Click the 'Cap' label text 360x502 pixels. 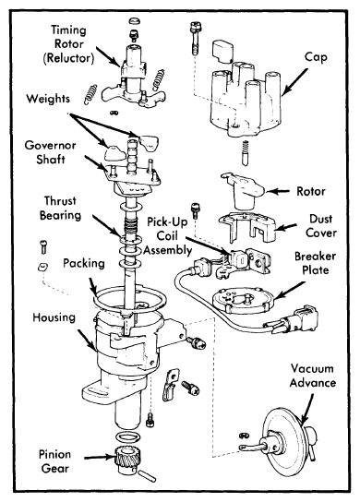316,57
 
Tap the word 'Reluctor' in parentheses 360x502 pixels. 68,58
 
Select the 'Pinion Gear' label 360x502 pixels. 54,461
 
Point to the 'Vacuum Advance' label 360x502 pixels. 312,376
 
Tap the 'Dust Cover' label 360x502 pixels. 320,226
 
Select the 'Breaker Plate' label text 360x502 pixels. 315,263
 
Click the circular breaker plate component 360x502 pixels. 243,300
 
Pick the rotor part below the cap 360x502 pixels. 243,191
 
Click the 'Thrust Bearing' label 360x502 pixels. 60,209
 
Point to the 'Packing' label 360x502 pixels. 84,263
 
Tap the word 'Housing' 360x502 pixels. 54,317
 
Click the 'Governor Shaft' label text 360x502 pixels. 51,152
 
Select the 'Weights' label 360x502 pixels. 48,99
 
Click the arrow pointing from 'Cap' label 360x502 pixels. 294,81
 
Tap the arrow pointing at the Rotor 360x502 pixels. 278,191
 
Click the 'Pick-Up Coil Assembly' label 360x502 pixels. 167,236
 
